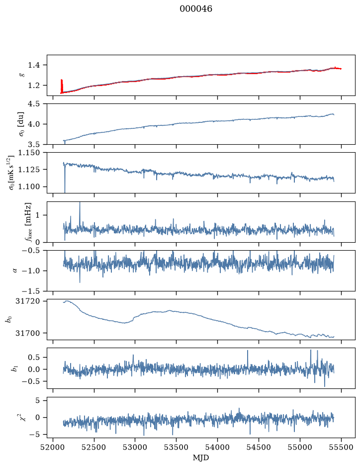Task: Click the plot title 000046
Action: (195, 9)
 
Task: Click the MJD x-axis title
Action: (201, 457)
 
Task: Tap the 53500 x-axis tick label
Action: (177, 447)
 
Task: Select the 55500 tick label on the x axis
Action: (341, 447)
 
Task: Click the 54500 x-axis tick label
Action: (259, 447)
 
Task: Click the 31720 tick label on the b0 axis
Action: (28, 301)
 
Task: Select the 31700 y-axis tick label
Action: (28, 333)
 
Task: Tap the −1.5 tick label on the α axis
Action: (30, 290)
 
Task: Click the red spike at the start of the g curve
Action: (62, 86)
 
